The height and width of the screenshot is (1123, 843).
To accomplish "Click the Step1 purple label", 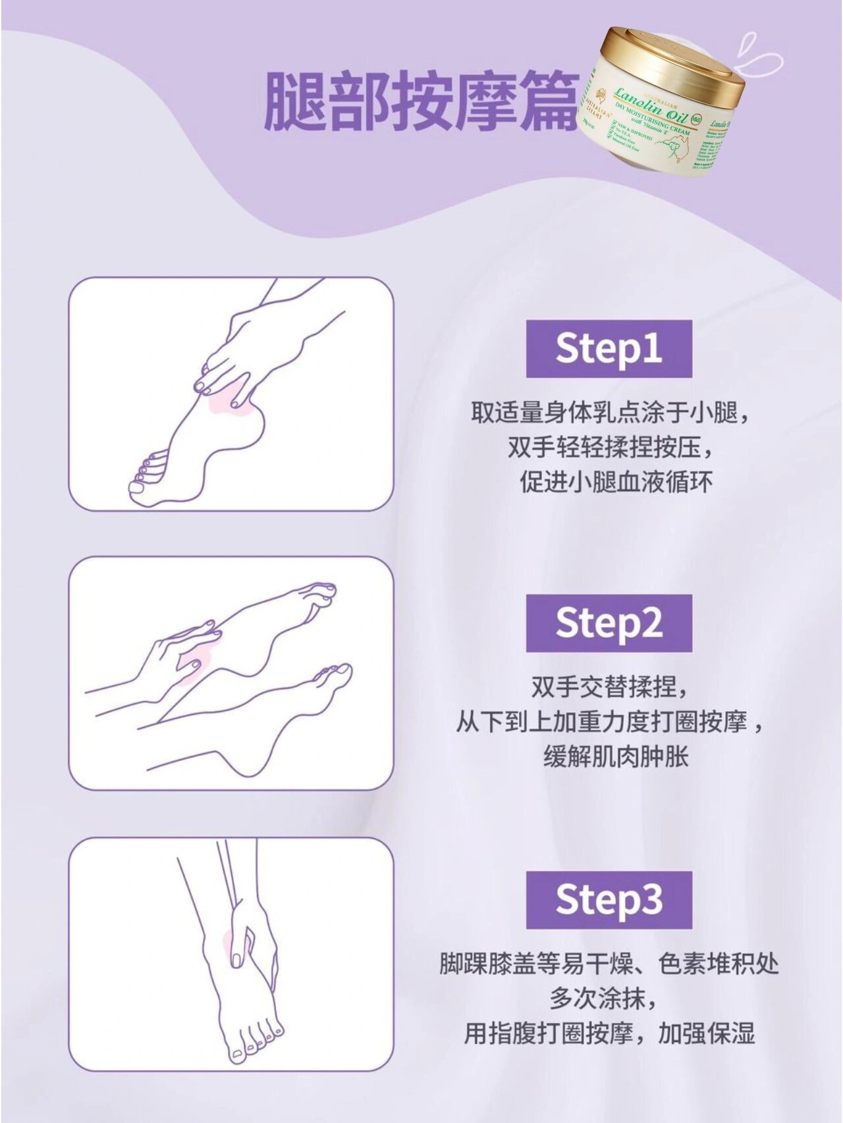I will pyautogui.click(x=609, y=348).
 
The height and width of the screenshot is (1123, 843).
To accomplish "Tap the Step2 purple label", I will pyautogui.click(x=609, y=623).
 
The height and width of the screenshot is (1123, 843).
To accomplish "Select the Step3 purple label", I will pyautogui.click(x=609, y=900).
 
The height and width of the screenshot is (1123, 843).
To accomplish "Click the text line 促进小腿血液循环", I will pyautogui.click(x=616, y=482).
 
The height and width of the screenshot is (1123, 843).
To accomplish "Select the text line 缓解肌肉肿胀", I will pyautogui.click(x=616, y=757).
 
